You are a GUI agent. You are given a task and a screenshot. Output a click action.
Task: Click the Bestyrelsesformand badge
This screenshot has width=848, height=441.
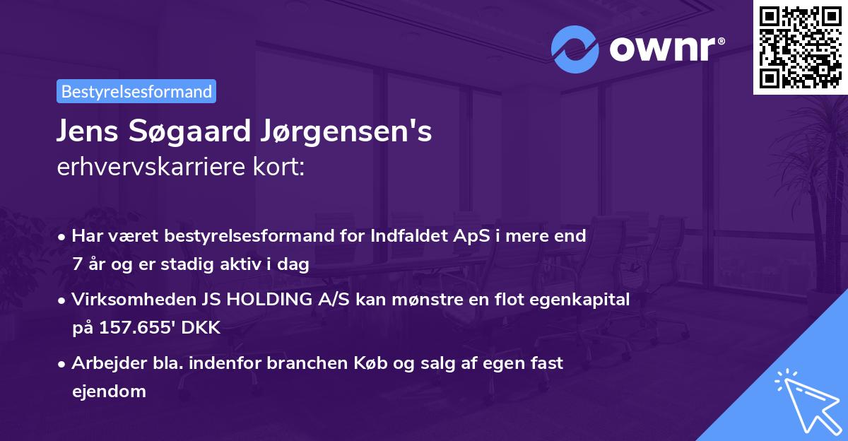[136, 91]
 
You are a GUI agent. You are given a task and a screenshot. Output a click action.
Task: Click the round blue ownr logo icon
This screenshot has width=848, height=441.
[575, 49]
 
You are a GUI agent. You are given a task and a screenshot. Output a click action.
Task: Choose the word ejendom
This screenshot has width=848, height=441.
[109, 392]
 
